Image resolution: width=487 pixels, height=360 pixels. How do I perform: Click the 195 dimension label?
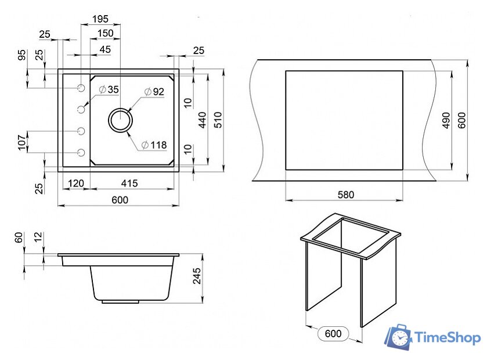pos(100,19)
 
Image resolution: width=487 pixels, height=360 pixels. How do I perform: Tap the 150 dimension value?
pos(105,33)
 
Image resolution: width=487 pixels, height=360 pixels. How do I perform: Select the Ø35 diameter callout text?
pos(109,89)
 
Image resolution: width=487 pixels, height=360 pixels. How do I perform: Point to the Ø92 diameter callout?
pos(154,92)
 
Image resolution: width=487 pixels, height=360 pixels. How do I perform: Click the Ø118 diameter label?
pos(154,145)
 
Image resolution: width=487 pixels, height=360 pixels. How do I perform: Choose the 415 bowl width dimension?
pos(129,183)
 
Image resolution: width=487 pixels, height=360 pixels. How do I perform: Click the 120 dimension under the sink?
pos(76,183)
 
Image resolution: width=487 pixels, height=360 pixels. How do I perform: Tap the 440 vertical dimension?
pos(202,120)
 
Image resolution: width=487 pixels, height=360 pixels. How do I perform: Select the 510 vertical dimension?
pos(218,120)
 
